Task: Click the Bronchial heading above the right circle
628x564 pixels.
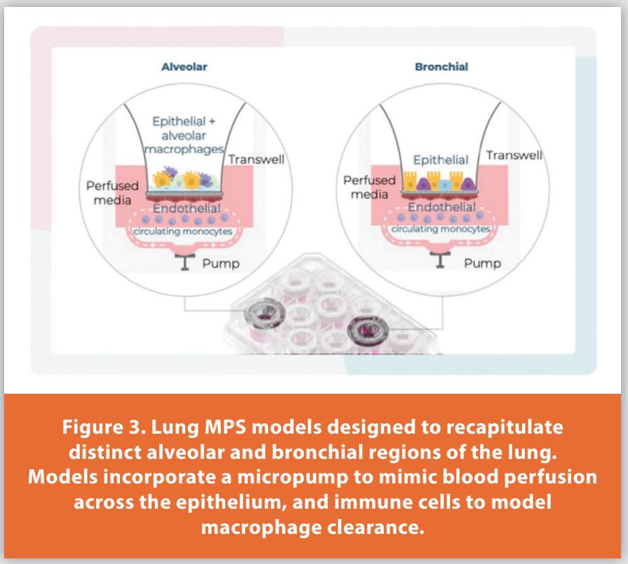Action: (441, 67)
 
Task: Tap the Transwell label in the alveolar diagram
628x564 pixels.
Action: (256, 160)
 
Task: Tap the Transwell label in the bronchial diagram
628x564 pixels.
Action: (514, 155)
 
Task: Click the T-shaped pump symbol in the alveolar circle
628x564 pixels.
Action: (187, 263)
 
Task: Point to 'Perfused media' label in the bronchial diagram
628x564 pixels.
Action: (369, 187)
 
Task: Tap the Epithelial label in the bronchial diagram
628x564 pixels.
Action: (441, 160)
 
